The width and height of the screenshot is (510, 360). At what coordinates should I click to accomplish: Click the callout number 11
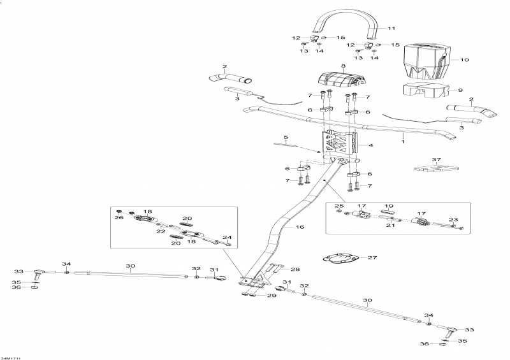pyautogui.click(x=391, y=28)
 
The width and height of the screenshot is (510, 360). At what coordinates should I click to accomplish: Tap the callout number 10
pyautogui.click(x=464, y=60)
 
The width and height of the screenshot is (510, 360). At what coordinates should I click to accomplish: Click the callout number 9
pyautogui.click(x=461, y=90)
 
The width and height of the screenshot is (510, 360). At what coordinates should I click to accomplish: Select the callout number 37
pyautogui.click(x=436, y=159)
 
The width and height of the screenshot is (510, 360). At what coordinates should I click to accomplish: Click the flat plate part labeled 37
pyautogui.click(x=435, y=169)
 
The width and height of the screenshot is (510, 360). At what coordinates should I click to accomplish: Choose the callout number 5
pyautogui.click(x=286, y=138)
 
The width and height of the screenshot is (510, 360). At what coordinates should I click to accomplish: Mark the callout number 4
pyautogui.click(x=370, y=145)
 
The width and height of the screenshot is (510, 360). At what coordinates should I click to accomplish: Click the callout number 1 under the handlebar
pyautogui.click(x=402, y=136)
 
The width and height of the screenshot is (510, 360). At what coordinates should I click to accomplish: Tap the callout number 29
pyautogui.click(x=272, y=296)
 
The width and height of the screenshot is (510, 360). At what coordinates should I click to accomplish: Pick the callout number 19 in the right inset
pyautogui.click(x=387, y=207)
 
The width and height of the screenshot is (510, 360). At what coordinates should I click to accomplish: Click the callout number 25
pyautogui.click(x=339, y=206)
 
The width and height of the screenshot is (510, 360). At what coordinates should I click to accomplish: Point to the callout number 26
pyautogui.click(x=119, y=217)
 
